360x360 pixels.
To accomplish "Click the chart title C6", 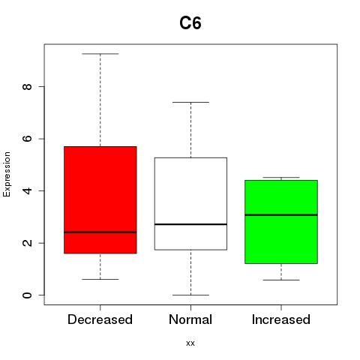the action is click(190, 23).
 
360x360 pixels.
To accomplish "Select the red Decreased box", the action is click(100, 199).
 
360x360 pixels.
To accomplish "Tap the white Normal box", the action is click(190, 203).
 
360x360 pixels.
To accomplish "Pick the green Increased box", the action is click(281, 221).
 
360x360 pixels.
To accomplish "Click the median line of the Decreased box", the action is click(100, 232).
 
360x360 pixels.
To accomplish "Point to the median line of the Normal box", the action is click(190, 224).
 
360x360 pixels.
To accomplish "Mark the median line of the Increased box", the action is click(281, 214).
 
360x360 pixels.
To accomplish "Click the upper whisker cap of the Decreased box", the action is click(100, 54).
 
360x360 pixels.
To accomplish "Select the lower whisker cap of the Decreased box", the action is click(100, 279).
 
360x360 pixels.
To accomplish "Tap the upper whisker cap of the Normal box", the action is click(190, 102).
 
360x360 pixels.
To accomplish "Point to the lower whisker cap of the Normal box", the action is click(190, 295).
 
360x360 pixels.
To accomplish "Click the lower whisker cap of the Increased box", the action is click(281, 280).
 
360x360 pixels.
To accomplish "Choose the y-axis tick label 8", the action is click(28, 86).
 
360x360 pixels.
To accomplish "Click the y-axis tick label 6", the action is click(28, 139).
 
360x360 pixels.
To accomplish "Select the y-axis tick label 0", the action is click(28, 295).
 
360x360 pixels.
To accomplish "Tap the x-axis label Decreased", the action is click(100, 319).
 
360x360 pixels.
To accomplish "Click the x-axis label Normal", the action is click(190, 319).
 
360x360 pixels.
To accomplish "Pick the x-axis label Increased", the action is click(281, 319).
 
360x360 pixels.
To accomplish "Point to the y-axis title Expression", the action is click(7, 174).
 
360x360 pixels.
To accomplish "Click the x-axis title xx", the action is click(190, 343).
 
